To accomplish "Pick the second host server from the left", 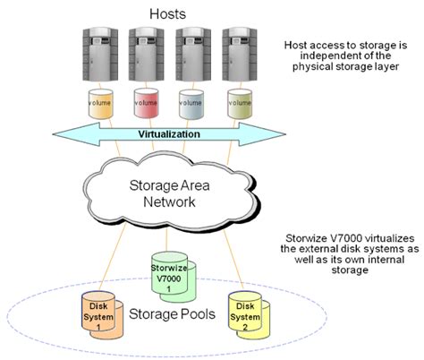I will point(147,55).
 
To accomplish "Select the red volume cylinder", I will point(146,104).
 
